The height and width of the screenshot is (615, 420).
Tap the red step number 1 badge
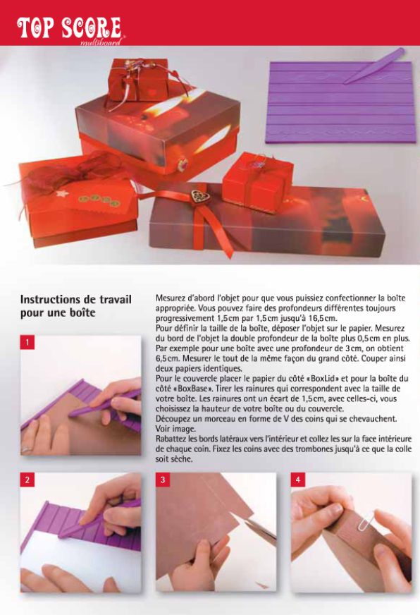27,342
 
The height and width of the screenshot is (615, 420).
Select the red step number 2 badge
27,480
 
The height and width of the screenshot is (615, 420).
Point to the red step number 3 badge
163,480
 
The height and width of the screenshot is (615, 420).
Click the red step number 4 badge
298,480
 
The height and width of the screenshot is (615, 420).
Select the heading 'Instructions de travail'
75,300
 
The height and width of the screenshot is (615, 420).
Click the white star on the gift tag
62,193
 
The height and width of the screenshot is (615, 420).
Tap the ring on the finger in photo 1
27,449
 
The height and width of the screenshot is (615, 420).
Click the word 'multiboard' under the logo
101,42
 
